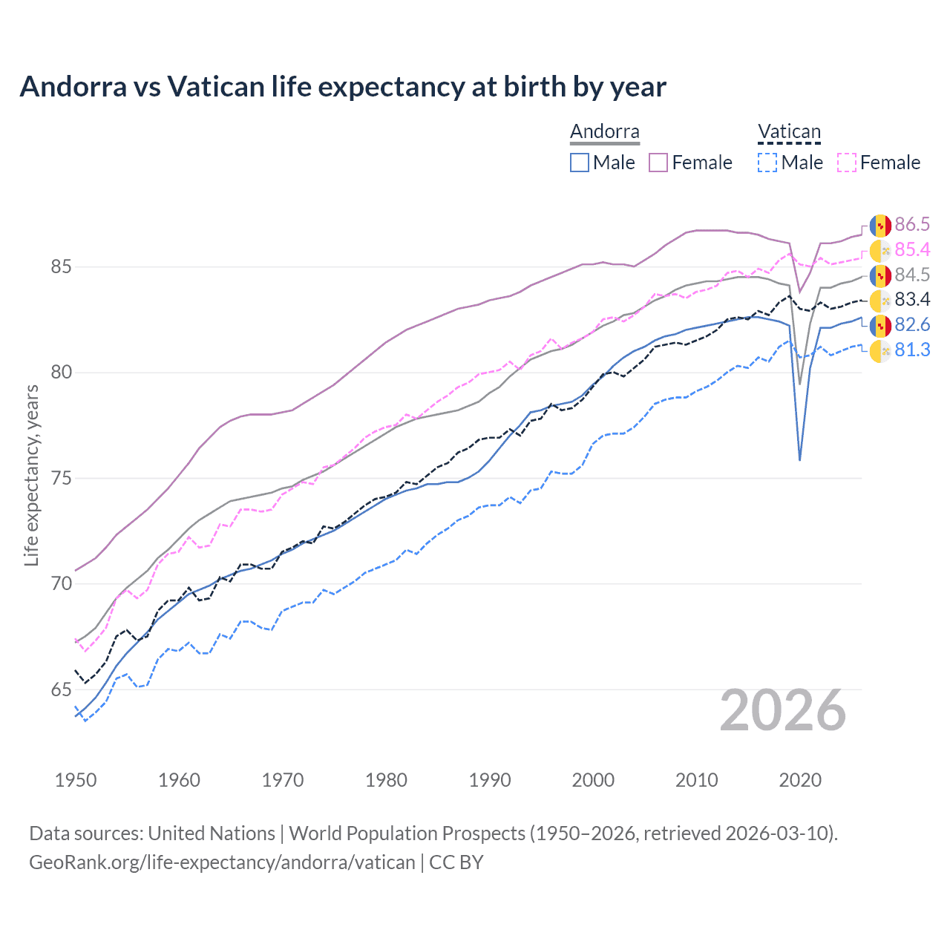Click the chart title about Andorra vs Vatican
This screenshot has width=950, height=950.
coord(343,87)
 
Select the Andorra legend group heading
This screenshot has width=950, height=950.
coord(604,132)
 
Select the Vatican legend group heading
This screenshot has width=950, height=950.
coord(789,132)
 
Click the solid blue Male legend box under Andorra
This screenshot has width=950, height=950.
coord(580,163)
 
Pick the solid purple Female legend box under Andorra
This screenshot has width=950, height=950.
coord(658,163)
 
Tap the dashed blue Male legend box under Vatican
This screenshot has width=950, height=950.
coord(767,163)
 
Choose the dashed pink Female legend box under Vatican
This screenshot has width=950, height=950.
coord(847,163)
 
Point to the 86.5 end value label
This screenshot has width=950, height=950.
coord(912,225)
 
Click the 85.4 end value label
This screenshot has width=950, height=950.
coord(912,250)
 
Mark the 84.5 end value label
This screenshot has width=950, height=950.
coord(912,275)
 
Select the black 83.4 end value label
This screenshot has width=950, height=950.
coord(912,300)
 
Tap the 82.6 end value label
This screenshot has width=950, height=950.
coord(912,325)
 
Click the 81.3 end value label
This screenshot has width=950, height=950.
coord(912,350)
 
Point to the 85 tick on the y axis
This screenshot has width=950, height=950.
coord(61,266)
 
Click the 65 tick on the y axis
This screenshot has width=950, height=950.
coord(61,689)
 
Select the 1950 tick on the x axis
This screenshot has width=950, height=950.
coord(76,780)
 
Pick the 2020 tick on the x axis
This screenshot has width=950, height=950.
coord(800,780)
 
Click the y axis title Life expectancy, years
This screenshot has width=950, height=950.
coord(31,475)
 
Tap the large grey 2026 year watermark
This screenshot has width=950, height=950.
coord(783,710)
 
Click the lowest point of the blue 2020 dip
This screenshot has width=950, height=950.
coord(799,460)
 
